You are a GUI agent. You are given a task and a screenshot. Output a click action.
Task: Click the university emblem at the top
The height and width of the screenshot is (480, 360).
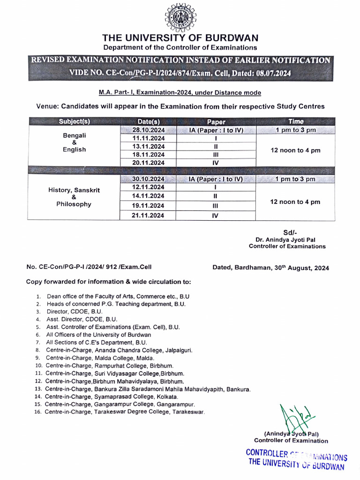(180, 18)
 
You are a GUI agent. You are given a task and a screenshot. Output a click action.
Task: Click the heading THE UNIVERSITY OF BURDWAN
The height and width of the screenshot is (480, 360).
(180, 38)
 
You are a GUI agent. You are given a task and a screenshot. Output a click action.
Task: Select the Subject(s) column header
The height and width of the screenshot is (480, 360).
(74, 121)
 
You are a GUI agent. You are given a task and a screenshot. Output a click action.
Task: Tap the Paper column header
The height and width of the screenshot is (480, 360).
(216, 121)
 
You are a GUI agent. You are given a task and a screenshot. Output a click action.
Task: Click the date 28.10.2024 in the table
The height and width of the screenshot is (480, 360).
(149, 130)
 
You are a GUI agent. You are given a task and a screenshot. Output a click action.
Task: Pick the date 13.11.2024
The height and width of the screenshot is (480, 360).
(149, 146)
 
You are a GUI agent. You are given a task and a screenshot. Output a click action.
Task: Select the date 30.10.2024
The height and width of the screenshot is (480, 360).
(149, 179)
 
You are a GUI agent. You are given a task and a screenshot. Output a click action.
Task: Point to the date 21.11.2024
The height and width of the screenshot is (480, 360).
(149, 216)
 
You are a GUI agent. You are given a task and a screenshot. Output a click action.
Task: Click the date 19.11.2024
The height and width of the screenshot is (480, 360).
(149, 205)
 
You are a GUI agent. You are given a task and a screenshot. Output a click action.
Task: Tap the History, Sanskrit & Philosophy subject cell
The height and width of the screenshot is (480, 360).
(74, 197)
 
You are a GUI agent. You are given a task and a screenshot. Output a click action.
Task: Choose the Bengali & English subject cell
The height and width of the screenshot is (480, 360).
(74, 142)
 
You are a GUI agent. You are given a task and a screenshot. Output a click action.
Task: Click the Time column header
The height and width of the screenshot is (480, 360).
(295, 121)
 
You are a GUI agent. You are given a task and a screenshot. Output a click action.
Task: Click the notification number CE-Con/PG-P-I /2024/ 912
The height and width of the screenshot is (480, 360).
(89, 268)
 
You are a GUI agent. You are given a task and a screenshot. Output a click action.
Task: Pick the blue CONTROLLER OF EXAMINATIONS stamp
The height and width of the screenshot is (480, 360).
(296, 459)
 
